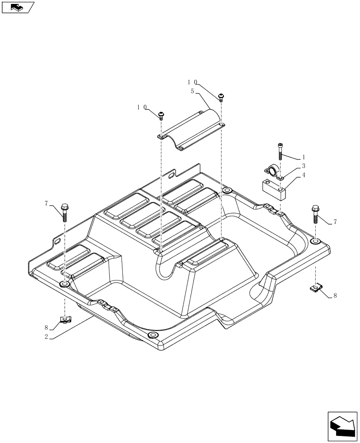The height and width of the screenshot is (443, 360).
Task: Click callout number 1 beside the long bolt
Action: pyautogui.click(x=304, y=157)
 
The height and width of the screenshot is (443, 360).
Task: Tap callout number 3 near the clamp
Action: pyautogui.click(x=304, y=166)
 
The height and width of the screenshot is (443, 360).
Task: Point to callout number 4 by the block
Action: pyautogui.click(x=304, y=175)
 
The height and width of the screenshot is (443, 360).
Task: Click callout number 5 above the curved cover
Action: pyautogui.click(x=192, y=91)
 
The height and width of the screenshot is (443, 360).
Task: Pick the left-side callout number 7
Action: pyautogui.click(x=46, y=203)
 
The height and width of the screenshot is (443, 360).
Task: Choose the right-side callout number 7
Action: pyautogui.click(x=335, y=221)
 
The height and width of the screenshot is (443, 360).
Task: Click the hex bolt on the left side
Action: pyautogui.click(x=65, y=210)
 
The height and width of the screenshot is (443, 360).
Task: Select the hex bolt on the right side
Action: pyautogui.click(x=316, y=213)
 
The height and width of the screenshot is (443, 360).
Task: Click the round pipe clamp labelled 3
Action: pyautogui.click(x=273, y=171)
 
